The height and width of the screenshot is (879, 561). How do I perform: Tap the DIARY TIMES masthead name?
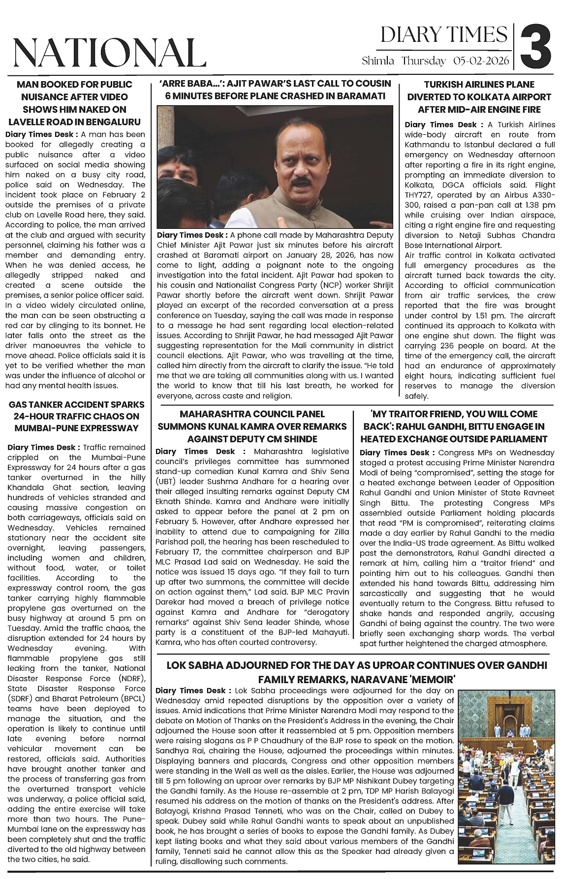click(x=443, y=35)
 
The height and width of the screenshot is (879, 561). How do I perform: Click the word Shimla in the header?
click(x=378, y=61)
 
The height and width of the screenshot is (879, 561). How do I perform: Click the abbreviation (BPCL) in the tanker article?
click(x=129, y=699)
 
